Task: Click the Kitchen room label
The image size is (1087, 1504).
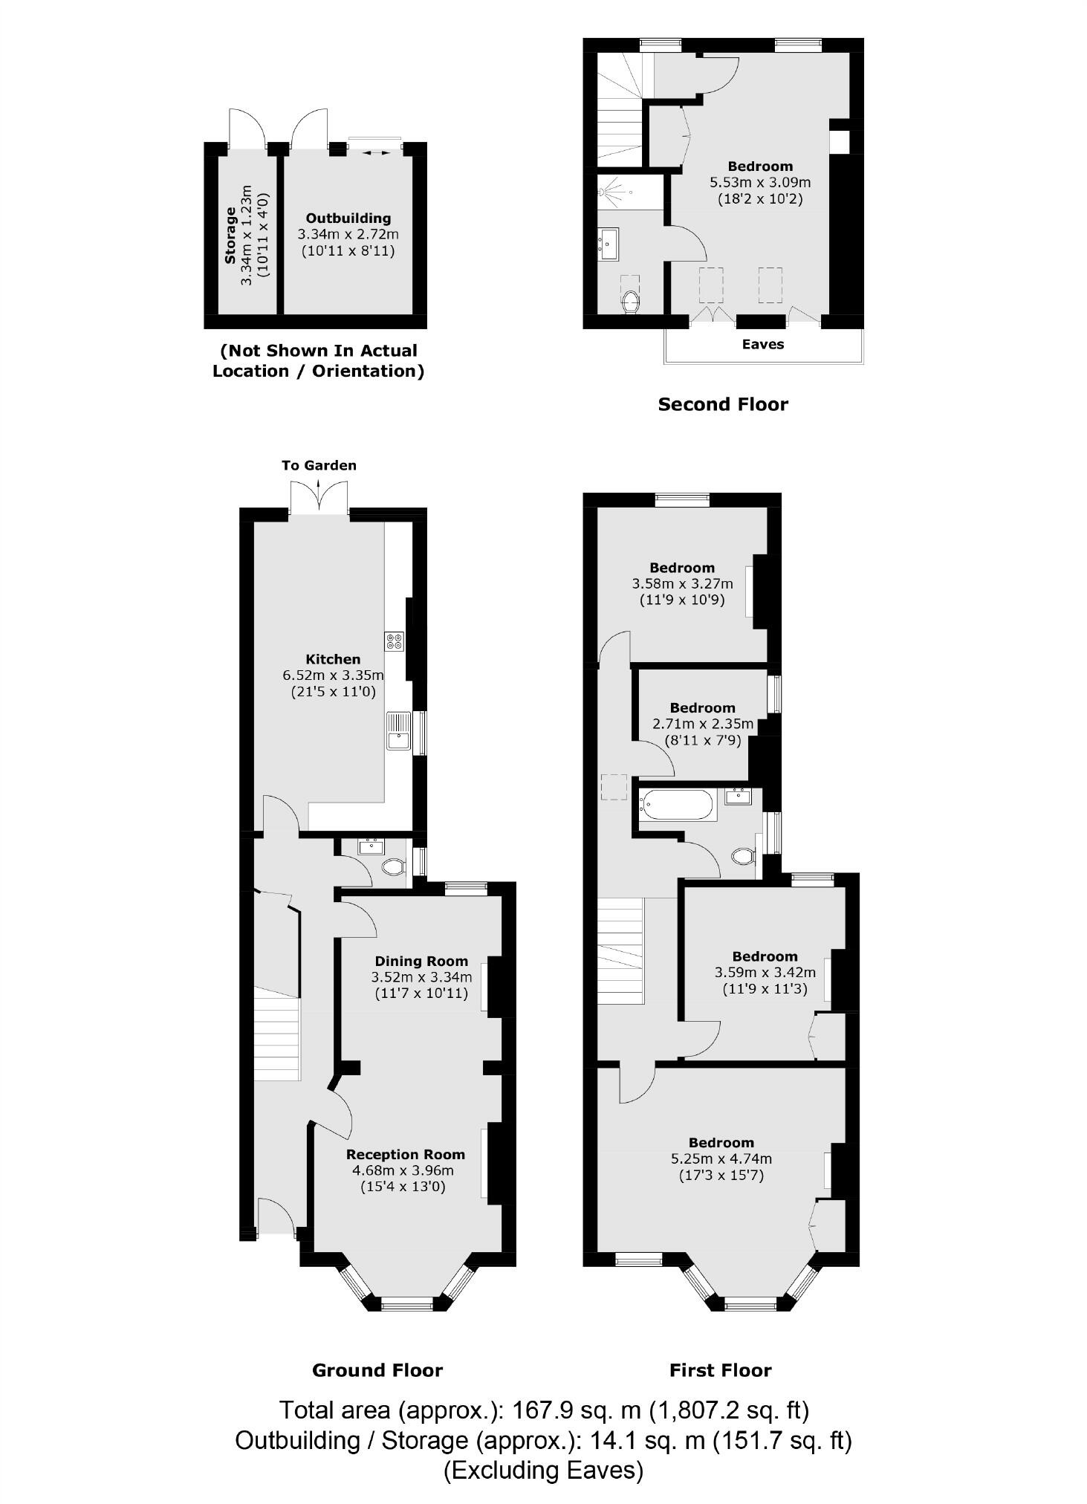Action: [333, 659]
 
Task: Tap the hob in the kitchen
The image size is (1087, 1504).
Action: [394, 641]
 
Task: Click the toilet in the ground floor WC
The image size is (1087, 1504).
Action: [393, 866]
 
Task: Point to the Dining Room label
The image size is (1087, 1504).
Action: [421, 961]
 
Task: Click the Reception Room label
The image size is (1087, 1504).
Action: [405, 1154]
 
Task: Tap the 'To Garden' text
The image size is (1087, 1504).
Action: [319, 465]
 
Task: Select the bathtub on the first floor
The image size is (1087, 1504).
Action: [676, 805]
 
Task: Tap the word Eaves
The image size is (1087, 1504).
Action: [763, 344]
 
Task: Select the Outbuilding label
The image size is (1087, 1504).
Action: [348, 218]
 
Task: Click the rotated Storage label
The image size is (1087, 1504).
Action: [230, 235]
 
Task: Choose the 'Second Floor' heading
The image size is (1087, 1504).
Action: [722, 404]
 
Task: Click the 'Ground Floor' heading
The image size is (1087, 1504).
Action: [377, 1370]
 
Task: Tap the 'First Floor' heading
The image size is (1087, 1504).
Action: [720, 1370]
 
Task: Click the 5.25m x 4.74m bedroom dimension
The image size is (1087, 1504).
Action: [721, 1158]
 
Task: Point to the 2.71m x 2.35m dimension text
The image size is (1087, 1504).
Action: [702, 724]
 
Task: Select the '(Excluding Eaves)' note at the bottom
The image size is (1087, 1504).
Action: [543, 1470]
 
